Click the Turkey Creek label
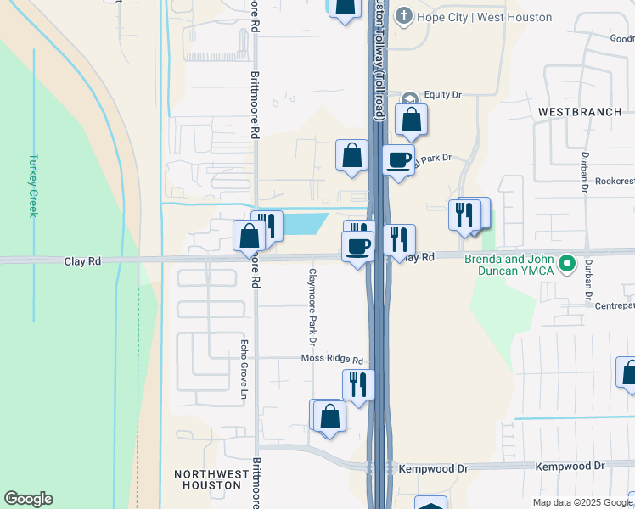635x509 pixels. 33,185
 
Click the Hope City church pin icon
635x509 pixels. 405,17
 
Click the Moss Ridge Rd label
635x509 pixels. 332,360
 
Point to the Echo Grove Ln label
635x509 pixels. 243,370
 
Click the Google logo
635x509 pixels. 28,499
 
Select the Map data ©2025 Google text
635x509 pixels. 582,502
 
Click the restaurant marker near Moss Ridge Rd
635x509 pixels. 358,384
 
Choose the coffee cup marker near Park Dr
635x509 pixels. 397,159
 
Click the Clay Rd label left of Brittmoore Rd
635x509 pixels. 82,261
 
